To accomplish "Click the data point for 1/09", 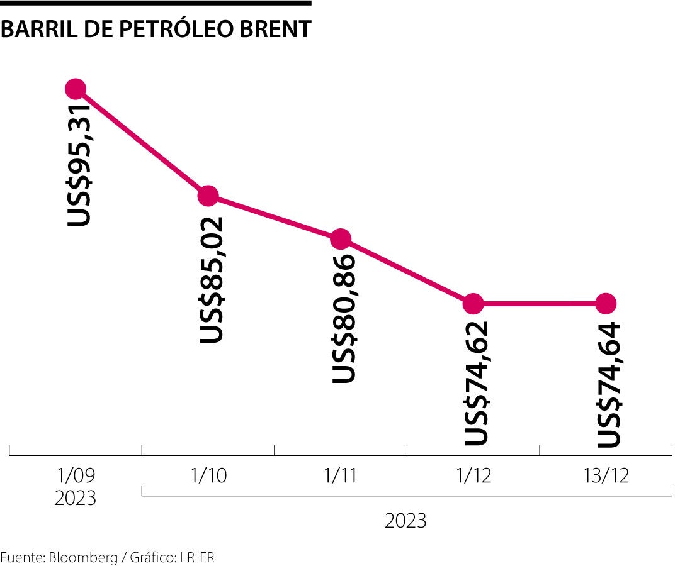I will click(x=76, y=89).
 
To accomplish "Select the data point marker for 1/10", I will click(x=208, y=196).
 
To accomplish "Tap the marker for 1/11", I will click(x=341, y=239).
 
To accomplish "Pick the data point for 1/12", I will click(x=473, y=304).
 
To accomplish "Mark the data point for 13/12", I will click(x=606, y=304).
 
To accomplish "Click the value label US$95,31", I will click(x=80, y=165).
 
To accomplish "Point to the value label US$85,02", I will click(x=212, y=280).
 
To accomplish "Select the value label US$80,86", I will click(x=344, y=319).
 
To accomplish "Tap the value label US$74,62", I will click(x=477, y=384).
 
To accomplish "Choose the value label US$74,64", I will click(x=609, y=385).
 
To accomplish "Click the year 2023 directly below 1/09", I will click(x=76, y=498).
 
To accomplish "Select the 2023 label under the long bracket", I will click(x=405, y=521).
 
